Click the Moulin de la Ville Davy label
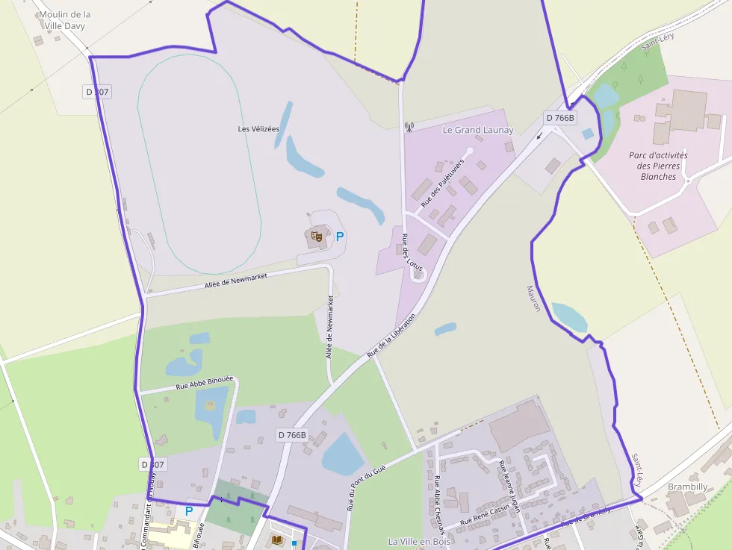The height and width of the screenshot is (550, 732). [x=65, y=20]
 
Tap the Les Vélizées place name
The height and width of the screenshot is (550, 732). [x=258, y=129]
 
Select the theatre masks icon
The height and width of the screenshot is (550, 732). [x=317, y=237]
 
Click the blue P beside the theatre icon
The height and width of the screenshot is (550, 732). [x=340, y=237]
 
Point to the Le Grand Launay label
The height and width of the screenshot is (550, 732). [x=478, y=130]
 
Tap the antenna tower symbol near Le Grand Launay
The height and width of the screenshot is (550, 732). [x=409, y=127]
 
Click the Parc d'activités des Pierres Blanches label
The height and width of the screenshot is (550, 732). [x=658, y=166]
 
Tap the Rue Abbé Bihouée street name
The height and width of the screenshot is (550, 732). [x=205, y=383]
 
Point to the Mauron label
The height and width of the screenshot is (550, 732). [x=533, y=299]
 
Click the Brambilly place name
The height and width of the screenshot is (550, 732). [x=687, y=487]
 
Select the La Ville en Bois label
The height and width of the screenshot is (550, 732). [x=419, y=541]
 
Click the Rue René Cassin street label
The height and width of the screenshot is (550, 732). [x=485, y=515]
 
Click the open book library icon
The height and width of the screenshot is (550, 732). [x=277, y=539]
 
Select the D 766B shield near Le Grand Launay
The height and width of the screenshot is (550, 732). [x=560, y=118]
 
